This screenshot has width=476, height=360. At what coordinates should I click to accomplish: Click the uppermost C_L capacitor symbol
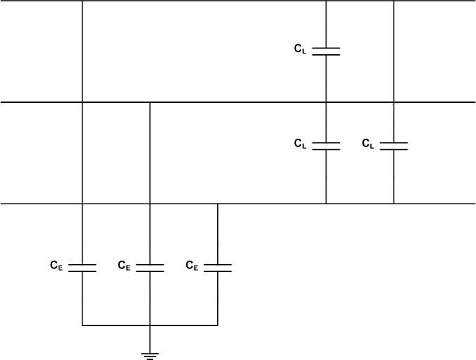click(x=326, y=50)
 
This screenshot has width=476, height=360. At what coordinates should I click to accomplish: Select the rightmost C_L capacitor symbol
click(x=393, y=145)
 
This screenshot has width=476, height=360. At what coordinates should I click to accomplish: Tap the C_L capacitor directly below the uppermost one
click(x=326, y=145)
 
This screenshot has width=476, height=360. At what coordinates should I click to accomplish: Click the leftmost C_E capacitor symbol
click(x=83, y=267)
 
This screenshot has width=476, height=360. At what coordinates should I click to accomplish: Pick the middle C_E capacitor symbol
click(x=149, y=267)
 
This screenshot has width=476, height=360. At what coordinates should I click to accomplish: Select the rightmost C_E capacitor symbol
click(x=217, y=267)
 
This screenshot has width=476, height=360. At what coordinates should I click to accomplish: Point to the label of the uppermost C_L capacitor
click(x=300, y=49)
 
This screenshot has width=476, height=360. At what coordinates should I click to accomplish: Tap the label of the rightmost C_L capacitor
click(x=368, y=144)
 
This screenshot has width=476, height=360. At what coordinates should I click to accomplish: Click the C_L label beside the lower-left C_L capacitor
click(x=300, y=144)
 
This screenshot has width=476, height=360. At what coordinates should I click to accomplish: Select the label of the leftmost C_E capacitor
click(x=56, y=266)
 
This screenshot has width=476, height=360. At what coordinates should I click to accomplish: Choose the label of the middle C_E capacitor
click(x=123, y=266)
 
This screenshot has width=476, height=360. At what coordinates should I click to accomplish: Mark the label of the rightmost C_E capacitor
click(x=191, y=266)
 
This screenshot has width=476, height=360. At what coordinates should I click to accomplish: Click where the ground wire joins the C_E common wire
click(x=149, y=325)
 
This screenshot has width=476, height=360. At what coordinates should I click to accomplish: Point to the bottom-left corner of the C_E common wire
click(x=83, y=325)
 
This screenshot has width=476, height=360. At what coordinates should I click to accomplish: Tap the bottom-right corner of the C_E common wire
click(x=217, y=325)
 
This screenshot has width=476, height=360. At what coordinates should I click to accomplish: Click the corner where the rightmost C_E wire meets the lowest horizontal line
click(x=217, y=204)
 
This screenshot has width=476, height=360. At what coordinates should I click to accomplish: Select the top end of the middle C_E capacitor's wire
click(x=149, y=102)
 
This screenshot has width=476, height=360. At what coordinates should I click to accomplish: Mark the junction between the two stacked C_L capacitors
click(x=326, y=102)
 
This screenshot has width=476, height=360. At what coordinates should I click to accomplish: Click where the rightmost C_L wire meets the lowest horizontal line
click(x=393, y=204)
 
